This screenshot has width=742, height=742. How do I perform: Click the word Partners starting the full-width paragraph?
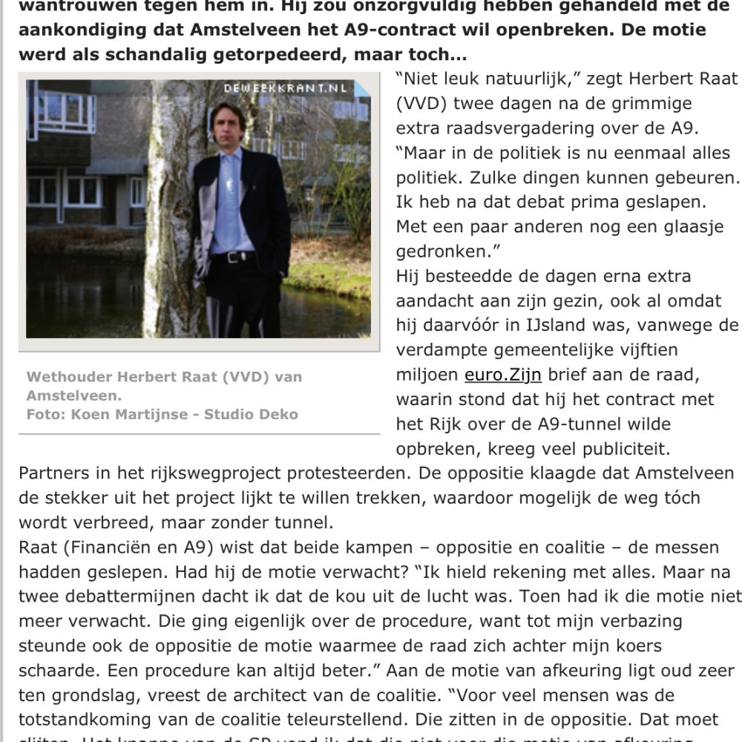(52, 473)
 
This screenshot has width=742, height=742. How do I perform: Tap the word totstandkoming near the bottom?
(84, 719)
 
